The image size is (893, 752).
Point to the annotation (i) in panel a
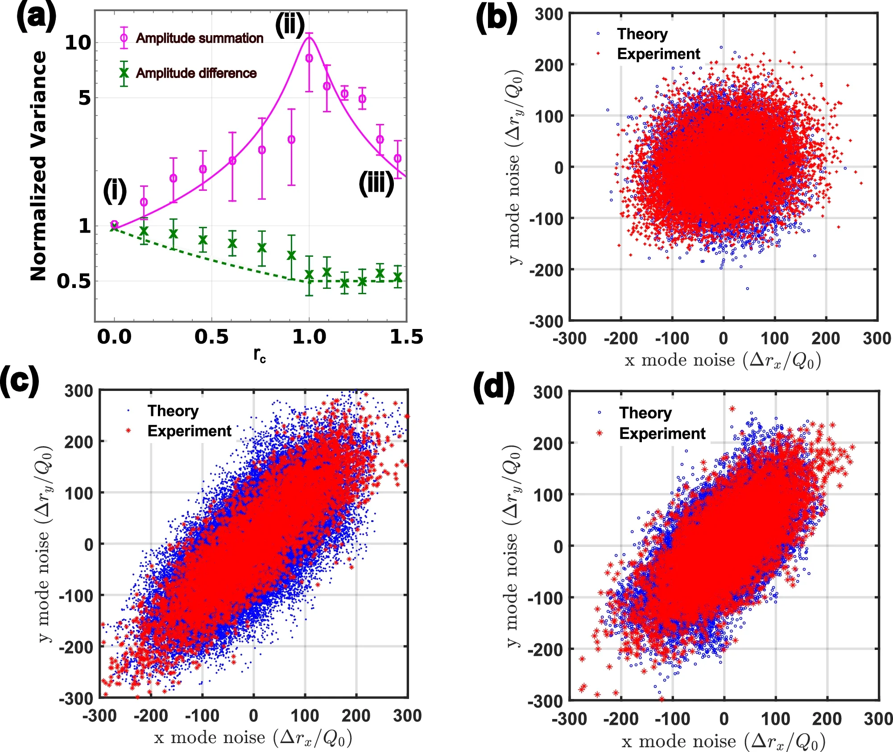click(115, 190)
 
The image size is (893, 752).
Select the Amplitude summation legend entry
click(199, 38)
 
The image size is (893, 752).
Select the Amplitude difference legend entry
click(196, 73)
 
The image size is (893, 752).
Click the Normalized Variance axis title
click(38, 165)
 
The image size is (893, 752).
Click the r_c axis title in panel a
click(260, 355)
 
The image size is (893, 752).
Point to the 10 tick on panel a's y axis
click(78, 43)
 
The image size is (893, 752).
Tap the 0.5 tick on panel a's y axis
click(74, 281)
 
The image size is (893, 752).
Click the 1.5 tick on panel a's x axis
click(406, 337)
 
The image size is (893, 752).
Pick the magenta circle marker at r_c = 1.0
click(309, 58)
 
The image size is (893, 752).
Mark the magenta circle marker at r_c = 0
click(114, 224)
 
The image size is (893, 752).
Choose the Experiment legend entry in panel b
click(658, 54)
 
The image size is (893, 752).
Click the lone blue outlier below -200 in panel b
click(748, 288)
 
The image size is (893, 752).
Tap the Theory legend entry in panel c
click(173, 411)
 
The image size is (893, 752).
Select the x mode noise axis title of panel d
click(723, 741)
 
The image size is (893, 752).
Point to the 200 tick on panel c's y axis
click(78, 442)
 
